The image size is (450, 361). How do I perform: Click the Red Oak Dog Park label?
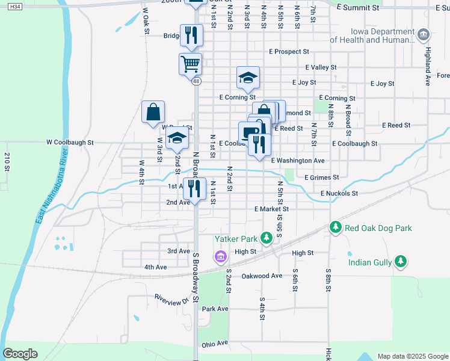coord(378,228)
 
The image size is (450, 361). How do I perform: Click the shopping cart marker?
coord(190,63)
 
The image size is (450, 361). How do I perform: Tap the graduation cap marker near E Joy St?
coord(248,76)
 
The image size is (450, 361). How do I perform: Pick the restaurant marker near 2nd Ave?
coord(194,188)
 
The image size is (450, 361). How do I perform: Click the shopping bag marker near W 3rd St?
coord(153,111)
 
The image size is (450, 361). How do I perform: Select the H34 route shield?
coord(16,6)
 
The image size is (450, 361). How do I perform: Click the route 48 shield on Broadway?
coord(196,81)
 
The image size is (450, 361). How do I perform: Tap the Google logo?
coord(20,354)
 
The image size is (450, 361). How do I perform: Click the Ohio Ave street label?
coord(215,344)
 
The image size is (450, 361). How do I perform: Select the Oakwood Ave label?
coord(262,276)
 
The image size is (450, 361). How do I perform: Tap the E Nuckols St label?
coord(339,193)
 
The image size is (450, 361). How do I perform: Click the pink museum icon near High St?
coord(220,257)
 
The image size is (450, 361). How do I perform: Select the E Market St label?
coord(271,209)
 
